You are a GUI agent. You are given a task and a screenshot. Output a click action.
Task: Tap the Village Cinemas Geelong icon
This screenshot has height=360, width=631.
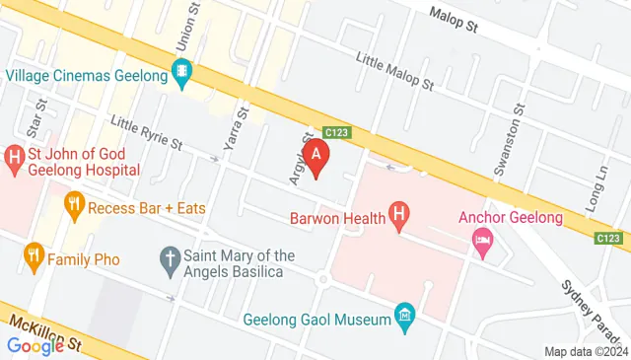tap(181, 72)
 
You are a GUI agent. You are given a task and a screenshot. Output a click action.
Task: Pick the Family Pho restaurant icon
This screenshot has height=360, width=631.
tap(34, 258)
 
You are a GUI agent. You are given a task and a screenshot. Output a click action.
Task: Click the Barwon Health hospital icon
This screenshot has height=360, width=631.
tap(399, 214)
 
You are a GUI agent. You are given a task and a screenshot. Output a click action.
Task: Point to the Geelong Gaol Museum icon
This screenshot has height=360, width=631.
tap(403, 317)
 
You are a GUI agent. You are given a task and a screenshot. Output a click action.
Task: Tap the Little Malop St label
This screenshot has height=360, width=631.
tap(396, 71)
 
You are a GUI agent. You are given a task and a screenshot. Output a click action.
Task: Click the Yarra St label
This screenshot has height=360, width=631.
tap(233, 131)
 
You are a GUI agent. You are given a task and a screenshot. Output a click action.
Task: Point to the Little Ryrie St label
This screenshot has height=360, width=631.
tap(147, 132)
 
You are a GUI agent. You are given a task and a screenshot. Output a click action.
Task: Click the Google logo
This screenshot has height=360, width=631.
tap(35, 345)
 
